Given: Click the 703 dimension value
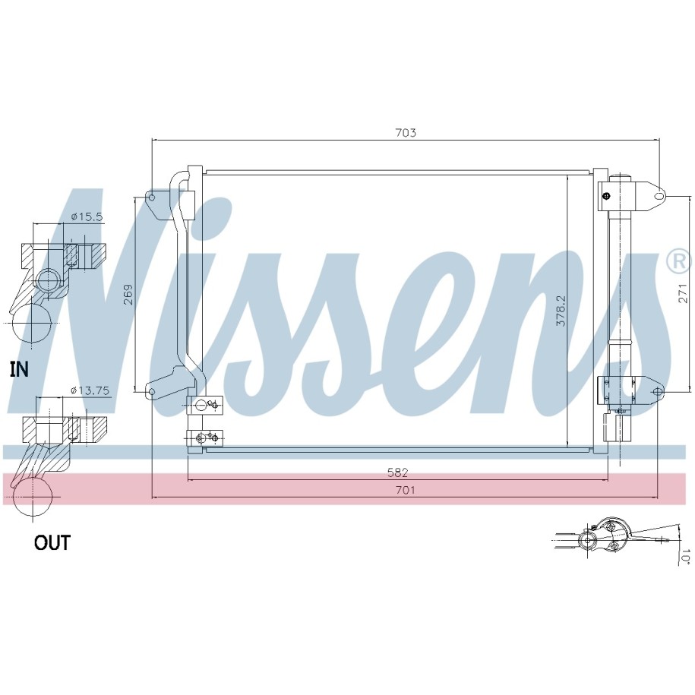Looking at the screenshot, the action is (406, 132).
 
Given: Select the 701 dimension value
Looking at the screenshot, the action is (405, 490).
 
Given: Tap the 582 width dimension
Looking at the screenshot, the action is (397, 472).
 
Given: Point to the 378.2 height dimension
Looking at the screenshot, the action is (561, 311).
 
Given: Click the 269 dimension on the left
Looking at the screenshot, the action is (128, 294).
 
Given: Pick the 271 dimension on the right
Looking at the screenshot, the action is (683, 293).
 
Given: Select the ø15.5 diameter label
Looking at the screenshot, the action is (87, 216).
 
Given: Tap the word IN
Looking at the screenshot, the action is (19, 369).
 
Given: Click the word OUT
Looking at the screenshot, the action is (52, 542).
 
